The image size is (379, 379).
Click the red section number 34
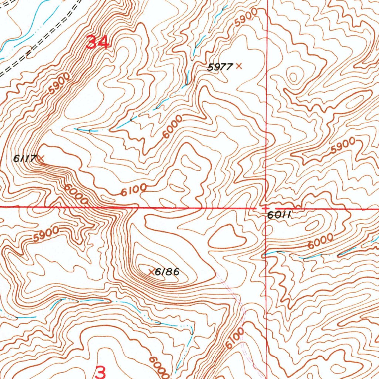click(98, 43)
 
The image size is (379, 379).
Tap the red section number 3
click(100, 372)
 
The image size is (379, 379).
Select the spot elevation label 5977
click(220, 67)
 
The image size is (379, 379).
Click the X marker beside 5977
click(239, 66)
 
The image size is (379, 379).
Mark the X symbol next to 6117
click(41, 159)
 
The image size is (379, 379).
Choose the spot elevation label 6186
click(167, 272)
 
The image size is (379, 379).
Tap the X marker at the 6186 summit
click(151, 272)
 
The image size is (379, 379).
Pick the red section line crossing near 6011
click(265, 208)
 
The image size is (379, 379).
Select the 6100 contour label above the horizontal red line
click(134, 190)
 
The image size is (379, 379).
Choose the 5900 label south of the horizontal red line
click(46, 234)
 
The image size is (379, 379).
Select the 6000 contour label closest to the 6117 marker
click(76, 194)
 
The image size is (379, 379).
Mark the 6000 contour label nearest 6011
click(320, 241)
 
